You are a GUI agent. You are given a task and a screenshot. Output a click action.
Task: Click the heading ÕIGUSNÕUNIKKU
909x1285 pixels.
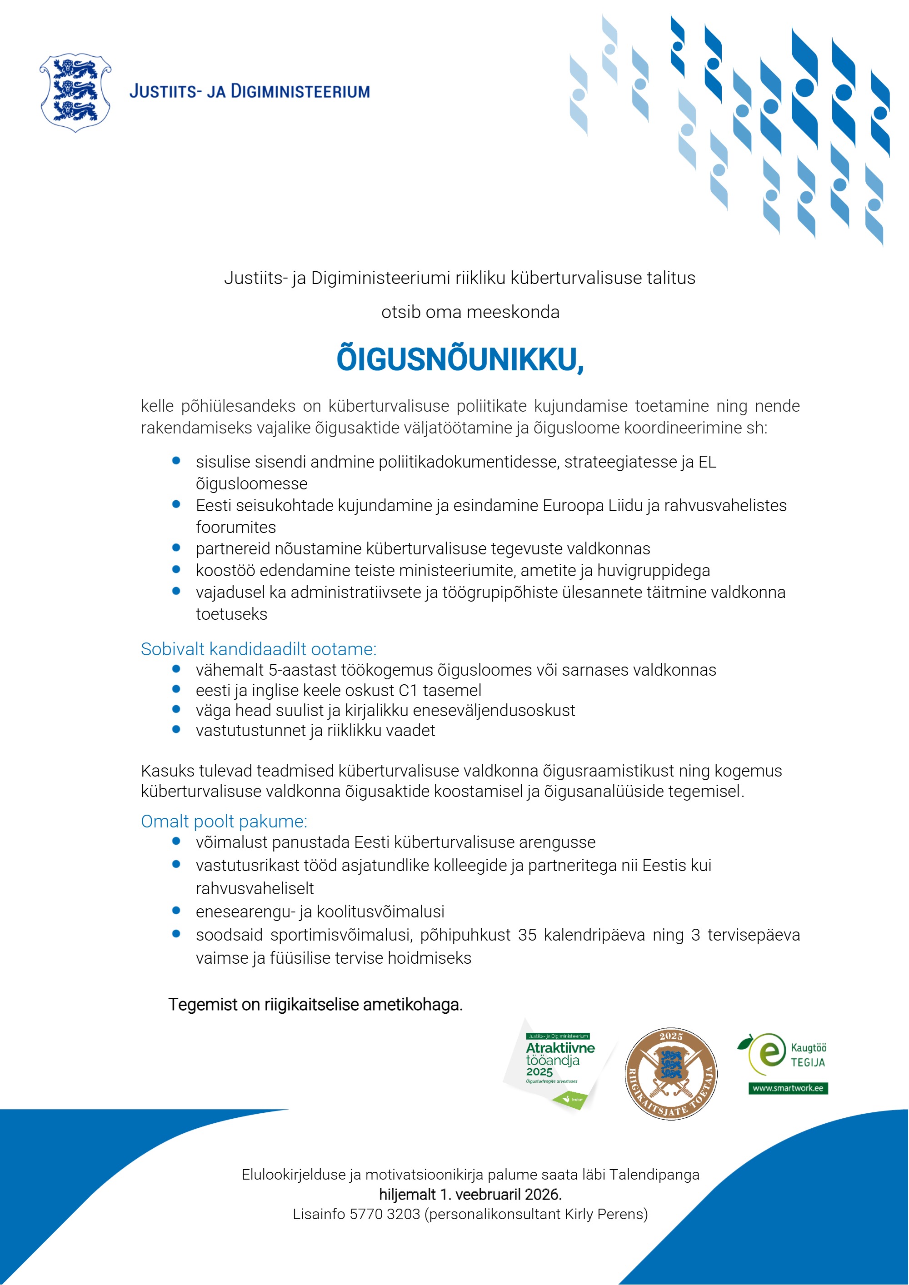tap(459, 359)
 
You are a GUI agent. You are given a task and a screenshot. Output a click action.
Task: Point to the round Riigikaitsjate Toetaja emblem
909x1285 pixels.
tap(670, 1073)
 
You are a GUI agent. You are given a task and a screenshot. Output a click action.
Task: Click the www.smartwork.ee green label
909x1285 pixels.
tap(788, 1088)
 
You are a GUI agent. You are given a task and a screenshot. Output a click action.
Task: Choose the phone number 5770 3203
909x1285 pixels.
tap(385, 1214)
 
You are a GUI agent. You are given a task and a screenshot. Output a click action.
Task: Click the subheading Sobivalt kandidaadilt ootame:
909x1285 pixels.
tap(258, 649)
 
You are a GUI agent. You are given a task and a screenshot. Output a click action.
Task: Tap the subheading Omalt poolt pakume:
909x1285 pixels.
tap(224, 821)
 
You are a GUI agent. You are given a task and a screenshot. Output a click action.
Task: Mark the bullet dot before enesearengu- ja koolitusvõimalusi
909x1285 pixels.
tap(176, 911)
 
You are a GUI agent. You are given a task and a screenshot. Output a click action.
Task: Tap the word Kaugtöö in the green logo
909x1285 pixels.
tap(808, 1048)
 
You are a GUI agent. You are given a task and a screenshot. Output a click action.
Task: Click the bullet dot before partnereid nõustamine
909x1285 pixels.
tap(176, 548)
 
